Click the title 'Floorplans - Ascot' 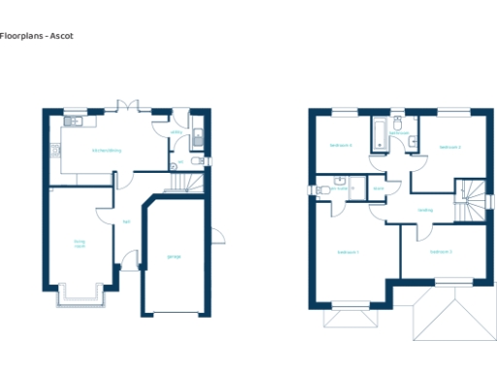[x=37, y=36]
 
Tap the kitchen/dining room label [x=107, y=151]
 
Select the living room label [x=80, y=243]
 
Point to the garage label [x=175, y=256]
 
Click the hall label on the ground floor [x=126, y=221]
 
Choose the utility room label [x=177, y=132]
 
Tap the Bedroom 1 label [x=348, y=252]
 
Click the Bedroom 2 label [x=449, y=147]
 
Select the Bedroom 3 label [x=442, y=252]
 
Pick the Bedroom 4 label [x=340, y=146]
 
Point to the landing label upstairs [x=425, y=210]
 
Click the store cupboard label [x=379, y=188]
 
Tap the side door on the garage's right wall [x=217, y=237]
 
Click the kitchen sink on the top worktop [x=75, y=122]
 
